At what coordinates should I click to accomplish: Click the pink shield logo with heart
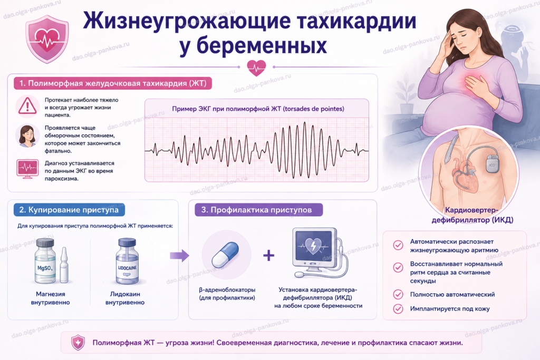(47, 38)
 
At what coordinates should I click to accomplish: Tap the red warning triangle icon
(27, 105)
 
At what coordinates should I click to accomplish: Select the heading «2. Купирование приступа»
(69, 210)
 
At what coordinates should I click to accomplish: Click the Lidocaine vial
(128, 261)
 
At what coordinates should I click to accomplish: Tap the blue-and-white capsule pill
(225, 255)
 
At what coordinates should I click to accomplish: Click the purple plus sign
(269, 255)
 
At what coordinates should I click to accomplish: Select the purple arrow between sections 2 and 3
(179, 255)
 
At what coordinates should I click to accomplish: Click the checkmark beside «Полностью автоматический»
(398, 295)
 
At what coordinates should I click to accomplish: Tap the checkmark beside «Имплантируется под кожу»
(398, 309)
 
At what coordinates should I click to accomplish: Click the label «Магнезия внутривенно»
(50, 298)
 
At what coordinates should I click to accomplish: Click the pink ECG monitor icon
(27, 169)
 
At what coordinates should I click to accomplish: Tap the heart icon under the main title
(256, 67)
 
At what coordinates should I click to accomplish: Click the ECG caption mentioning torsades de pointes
(258, 109)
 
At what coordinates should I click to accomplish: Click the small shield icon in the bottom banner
(78, 343)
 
